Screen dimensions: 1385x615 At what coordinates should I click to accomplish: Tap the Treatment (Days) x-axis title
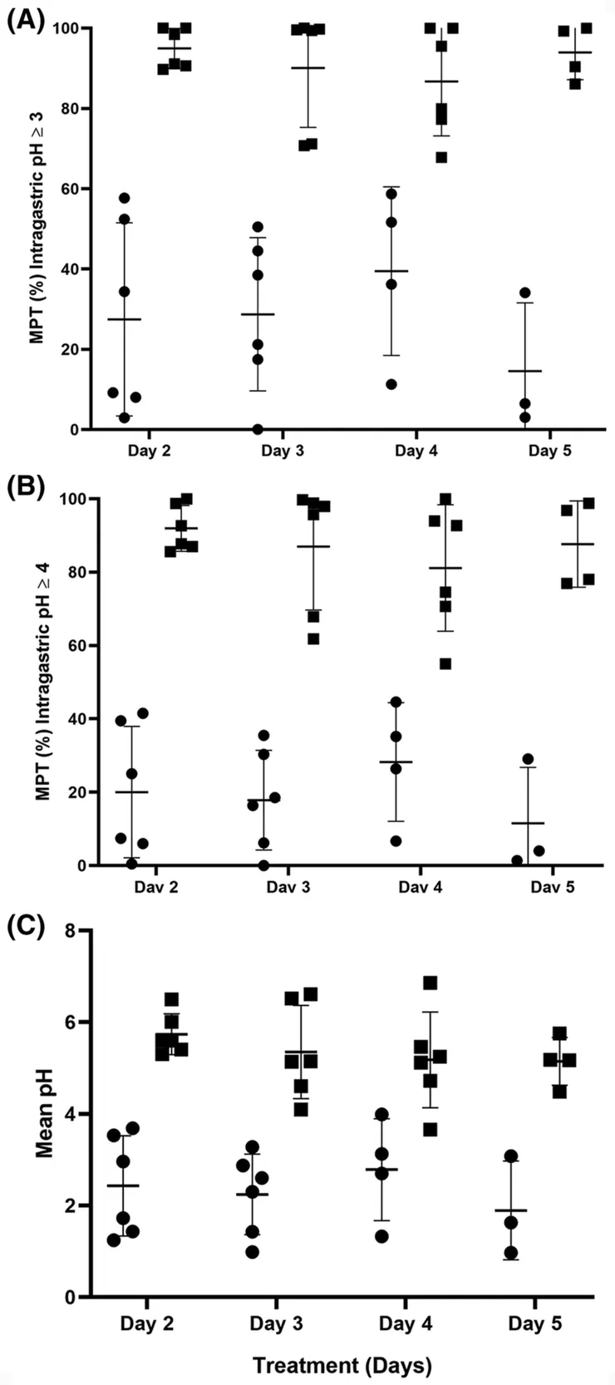(x=342, y=1365)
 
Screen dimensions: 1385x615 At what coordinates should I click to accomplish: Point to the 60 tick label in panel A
(x=70, y=190)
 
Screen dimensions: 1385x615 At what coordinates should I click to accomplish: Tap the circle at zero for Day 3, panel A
(x=258, y=429)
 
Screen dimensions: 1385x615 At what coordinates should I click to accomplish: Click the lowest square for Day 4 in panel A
(x=441, y=157)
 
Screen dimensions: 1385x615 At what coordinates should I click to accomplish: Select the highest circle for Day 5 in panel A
(x=524, y=293)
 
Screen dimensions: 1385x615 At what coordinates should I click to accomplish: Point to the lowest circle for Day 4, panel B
(x=396, y=841)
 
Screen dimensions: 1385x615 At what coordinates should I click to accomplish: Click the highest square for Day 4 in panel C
(x=430, y=983)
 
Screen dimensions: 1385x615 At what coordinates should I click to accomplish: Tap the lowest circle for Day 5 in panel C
(x=511, y=1253)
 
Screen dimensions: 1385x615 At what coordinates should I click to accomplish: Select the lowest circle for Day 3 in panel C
(x=252, y=1252)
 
